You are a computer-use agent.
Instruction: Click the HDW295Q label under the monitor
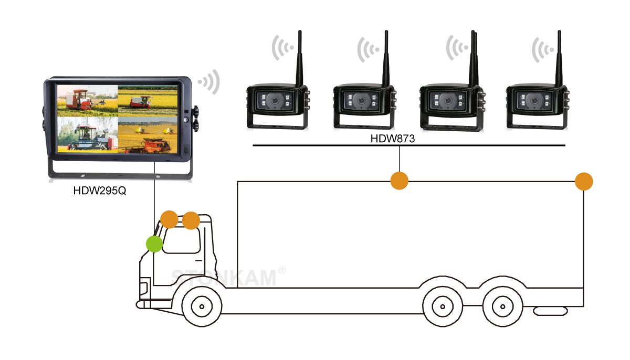coord(100,191)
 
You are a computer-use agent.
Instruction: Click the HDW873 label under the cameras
coord(392,139)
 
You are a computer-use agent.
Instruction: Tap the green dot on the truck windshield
coord(154,244)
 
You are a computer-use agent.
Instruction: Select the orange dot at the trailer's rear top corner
coord(584,182)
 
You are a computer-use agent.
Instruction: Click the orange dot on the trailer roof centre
coord(400,181)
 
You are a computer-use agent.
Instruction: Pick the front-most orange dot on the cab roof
coord(169,219)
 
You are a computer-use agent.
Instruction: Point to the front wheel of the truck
coord(202,306)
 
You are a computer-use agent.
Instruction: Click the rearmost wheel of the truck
coord(502,306)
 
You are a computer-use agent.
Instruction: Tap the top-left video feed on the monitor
coord(88,101)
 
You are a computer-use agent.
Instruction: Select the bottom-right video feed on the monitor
coord(148,135)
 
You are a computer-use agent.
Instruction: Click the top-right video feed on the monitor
coord(148,101)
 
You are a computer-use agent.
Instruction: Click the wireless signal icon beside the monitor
coord(209,82)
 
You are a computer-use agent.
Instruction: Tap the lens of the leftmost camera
coord(275,100)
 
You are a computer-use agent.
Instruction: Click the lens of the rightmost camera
coord(534,100)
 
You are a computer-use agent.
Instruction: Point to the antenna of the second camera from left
coord(386,58)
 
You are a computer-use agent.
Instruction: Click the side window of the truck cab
coord(182,241)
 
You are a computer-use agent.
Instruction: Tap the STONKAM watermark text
coord(224,278)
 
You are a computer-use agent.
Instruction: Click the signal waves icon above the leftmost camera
coord(282,48)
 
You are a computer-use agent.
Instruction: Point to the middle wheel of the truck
coord(443,306)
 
